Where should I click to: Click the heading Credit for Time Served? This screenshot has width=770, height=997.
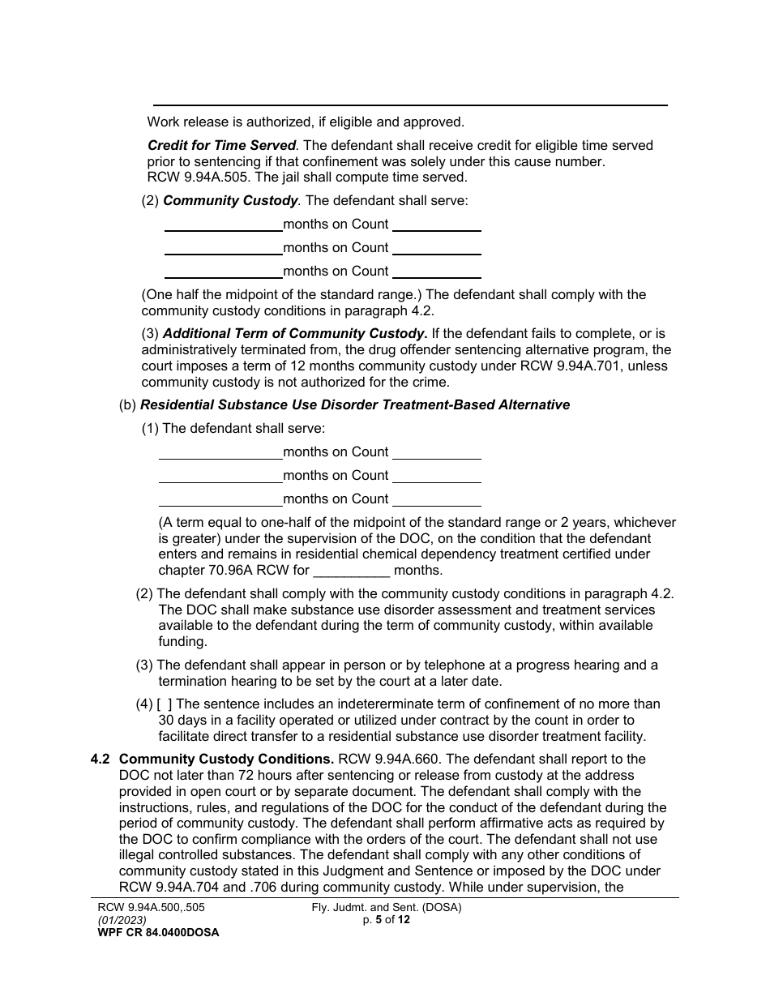(222, 146)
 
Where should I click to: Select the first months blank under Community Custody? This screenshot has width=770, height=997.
(223, 225)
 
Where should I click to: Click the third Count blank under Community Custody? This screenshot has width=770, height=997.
(437, 272)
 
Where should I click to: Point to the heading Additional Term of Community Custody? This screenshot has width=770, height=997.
(295, 333)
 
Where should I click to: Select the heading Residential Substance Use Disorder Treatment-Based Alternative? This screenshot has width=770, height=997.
(355, 404)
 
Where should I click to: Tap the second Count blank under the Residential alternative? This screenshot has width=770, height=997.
(437, 476)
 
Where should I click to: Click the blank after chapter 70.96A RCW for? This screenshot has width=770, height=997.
(353, 571)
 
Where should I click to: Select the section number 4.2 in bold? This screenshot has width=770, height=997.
(101, 760)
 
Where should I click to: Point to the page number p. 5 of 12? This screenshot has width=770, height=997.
(387, 920)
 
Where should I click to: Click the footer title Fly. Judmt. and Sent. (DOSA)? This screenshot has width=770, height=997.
(387, 908)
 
